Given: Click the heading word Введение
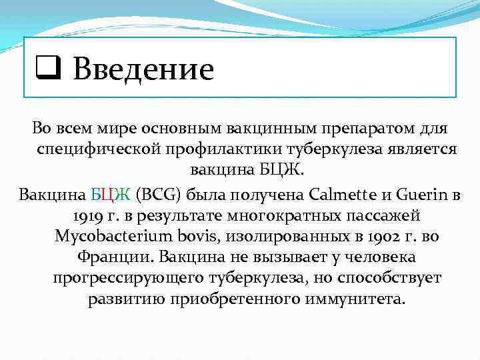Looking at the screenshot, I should click(x=143, y=69).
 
